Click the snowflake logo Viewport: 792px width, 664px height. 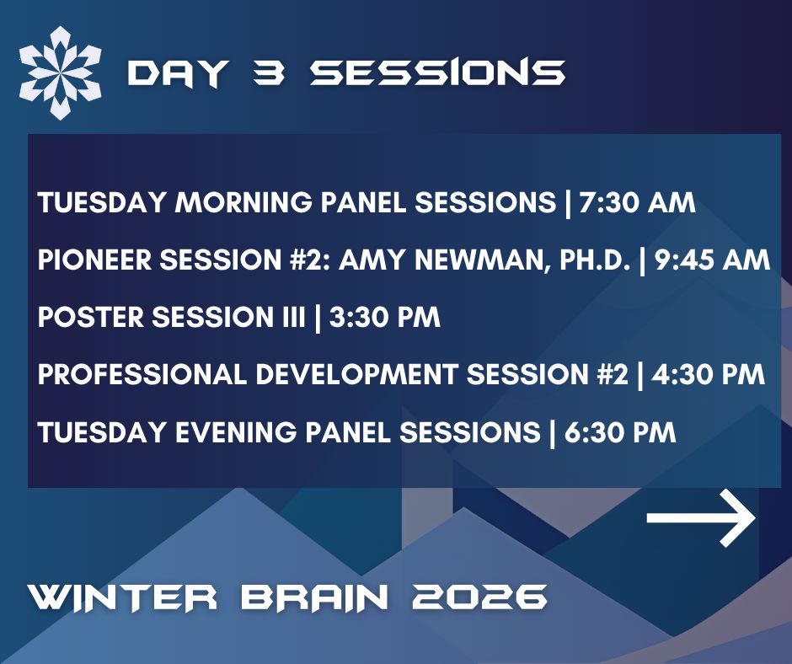(x=60, y=72)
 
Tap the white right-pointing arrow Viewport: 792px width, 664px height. (x=701, y=520)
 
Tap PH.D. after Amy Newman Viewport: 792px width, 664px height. (x=587, y=260)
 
